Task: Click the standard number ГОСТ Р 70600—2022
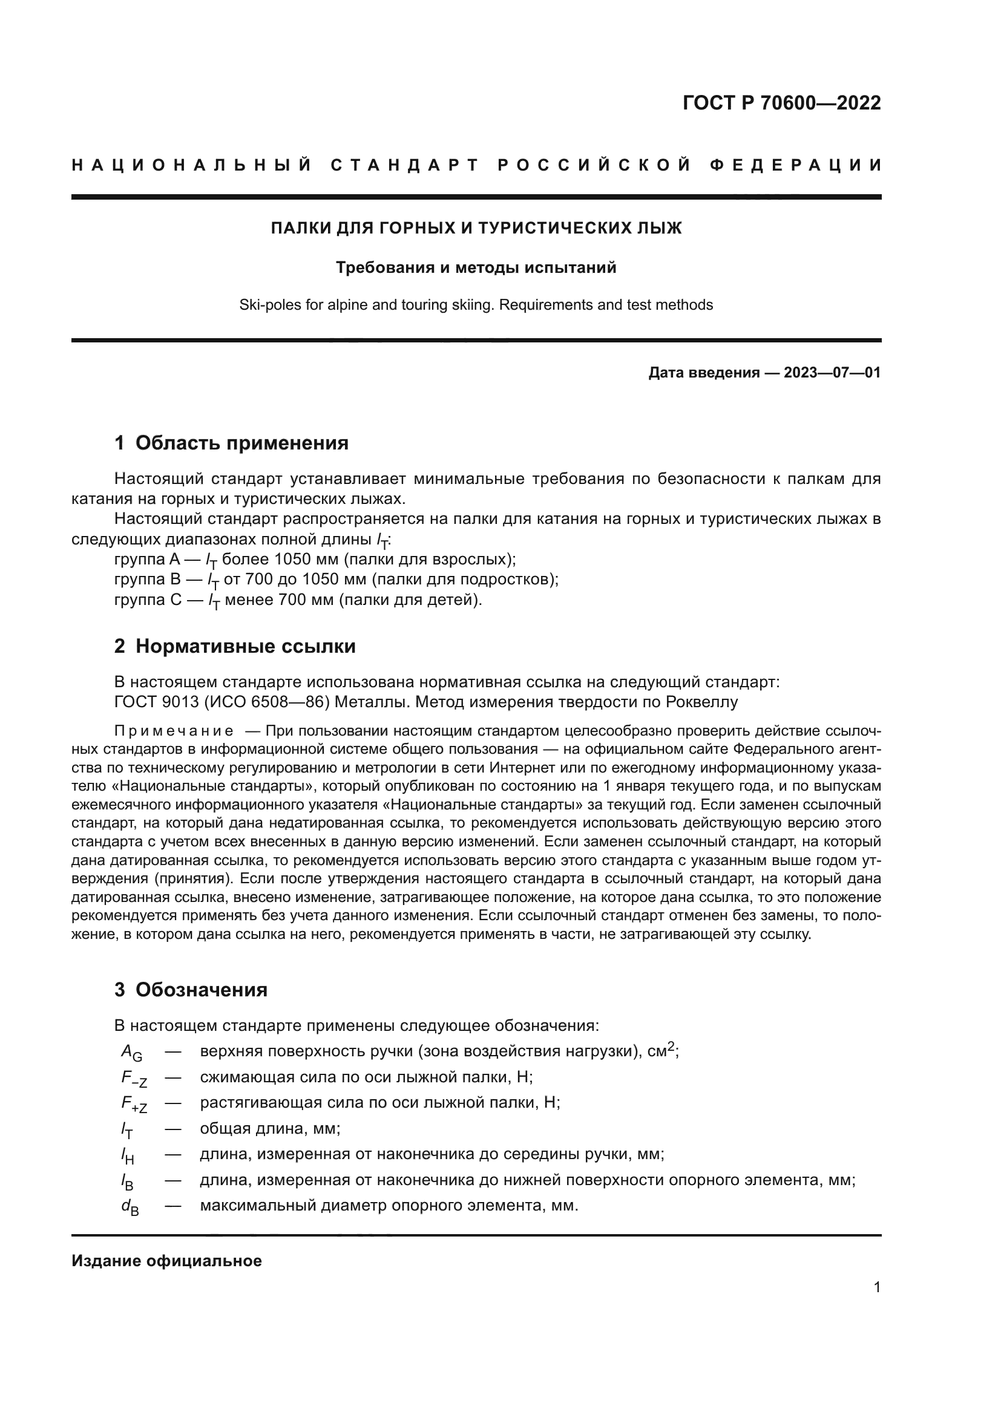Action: click(x=781, y=103)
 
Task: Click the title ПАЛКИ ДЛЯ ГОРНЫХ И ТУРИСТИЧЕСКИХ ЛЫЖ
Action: click(x=476, y=229)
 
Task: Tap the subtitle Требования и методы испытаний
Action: click(x=476, y=268)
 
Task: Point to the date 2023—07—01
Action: click(x=832, y=373)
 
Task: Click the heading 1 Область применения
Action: click(x=231, y=443)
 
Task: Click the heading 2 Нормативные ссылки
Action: click(x=235, y=647)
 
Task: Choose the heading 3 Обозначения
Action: click(x=191, y=990)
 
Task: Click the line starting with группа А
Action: click(x=314, y=560)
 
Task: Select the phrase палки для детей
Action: click(x=410, y=600)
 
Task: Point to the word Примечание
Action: click(x=174, y=731)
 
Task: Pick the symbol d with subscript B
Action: click(x=130, y=1208)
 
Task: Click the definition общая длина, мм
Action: click(x=270, y=1129)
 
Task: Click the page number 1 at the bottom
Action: click(x=876, y=1287)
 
